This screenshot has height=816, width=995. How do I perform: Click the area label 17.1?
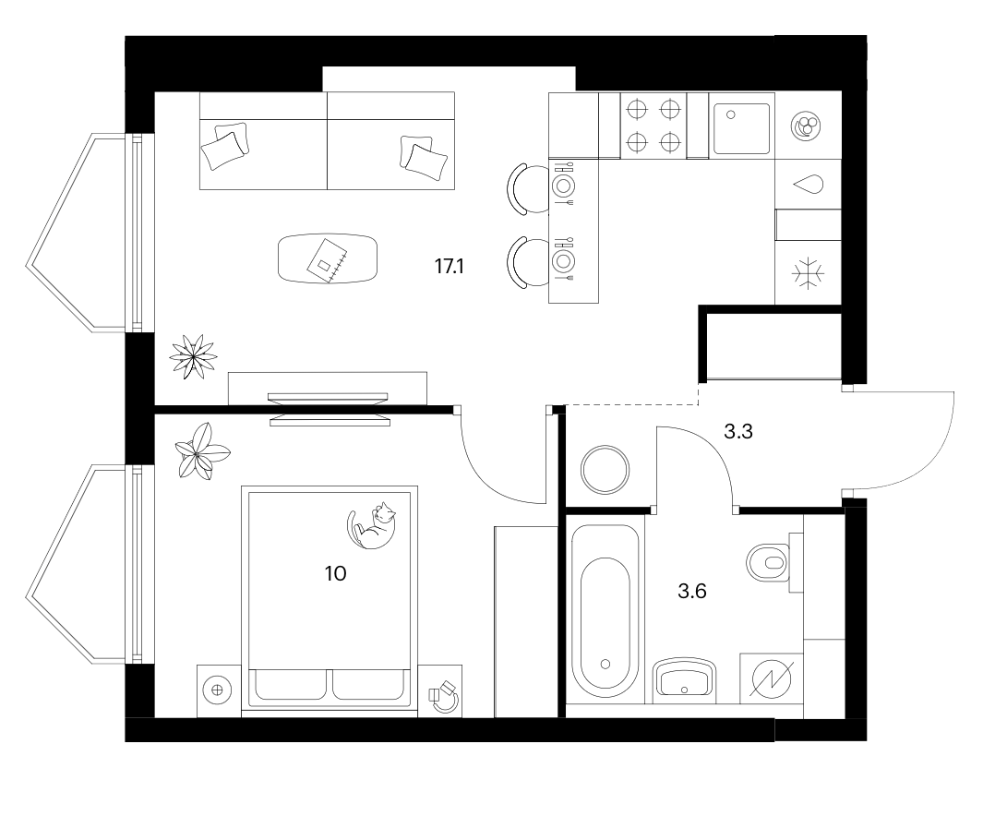tap(450, 267)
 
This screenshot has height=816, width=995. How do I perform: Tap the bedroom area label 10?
tap(336, 574)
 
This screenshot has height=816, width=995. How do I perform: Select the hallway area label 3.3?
tap(738, 432)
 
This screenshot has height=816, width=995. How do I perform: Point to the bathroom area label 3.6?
tap(692, 592)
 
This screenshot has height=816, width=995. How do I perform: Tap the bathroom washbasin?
tap(684, 680)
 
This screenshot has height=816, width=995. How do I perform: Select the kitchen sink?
tap(741, 129)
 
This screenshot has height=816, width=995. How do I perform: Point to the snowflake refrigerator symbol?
tap(808, 274)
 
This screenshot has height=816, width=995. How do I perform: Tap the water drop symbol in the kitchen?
tap(809, 185)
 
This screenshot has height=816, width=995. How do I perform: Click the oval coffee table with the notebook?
tap(328, 258)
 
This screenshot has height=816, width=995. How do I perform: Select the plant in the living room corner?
tap(193, 357)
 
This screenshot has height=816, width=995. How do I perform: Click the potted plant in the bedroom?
tap(202, 451)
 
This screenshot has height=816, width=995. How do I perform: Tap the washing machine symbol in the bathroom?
tap(772, 678)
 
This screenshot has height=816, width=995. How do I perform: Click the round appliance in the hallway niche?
tap(605, 470)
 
